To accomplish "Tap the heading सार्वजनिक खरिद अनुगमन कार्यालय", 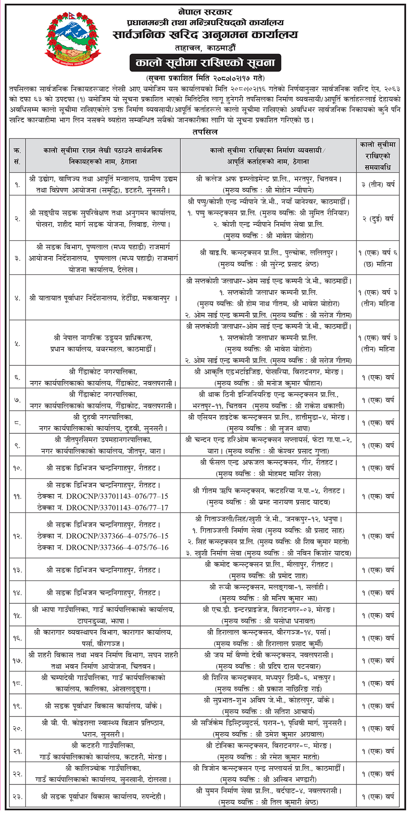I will coord(205,35).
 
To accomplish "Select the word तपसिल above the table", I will coord(205,132).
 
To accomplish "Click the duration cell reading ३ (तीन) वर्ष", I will coord(378,184).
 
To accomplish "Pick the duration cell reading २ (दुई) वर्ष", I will coord(378,219).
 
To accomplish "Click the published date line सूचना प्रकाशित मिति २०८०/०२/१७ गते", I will coord(205,78).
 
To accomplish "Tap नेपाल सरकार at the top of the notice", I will coord(205,11).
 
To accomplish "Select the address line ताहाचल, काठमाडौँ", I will coord(205,48).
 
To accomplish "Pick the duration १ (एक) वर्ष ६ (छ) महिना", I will coord(378,258).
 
